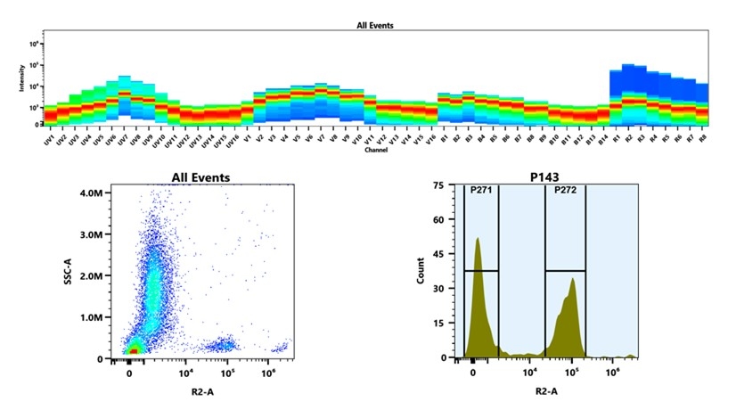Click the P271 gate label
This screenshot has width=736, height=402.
[481, 190]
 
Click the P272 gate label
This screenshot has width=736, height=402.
[566, 190]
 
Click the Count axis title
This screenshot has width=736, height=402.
[421, 271]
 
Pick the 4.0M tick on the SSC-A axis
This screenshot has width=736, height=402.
[95, 193]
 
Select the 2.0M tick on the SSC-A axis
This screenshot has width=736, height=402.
[95, 275]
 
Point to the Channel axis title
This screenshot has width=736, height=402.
[375, 151]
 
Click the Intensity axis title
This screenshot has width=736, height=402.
[22, 83]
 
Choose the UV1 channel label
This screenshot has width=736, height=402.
[49, 140]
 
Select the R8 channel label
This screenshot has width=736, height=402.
[702, 139]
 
